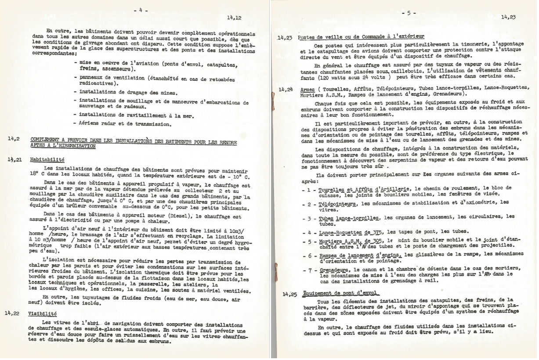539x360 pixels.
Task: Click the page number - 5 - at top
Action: [x=409, y=13]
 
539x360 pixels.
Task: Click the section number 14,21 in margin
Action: [x=14, y=160]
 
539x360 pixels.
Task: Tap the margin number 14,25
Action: [x=286, y=294]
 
